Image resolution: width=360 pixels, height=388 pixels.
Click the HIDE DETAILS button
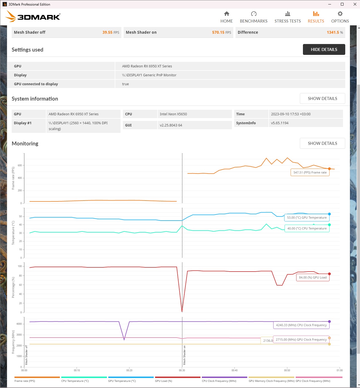pos(324,50)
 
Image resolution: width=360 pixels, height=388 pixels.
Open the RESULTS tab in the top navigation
pos(316,17)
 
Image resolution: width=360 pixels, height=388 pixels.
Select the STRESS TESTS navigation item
pos(288,17)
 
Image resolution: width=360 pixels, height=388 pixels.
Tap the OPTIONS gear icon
pos(340,14)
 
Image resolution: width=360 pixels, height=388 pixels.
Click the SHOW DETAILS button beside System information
pos(322,99)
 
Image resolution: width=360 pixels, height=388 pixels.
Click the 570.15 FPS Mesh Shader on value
pos(221,32)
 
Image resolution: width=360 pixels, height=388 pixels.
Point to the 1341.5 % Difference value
pos(335,32)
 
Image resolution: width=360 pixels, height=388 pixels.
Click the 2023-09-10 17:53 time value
pos(291,114)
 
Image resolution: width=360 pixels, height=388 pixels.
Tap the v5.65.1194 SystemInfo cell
pos(280,123)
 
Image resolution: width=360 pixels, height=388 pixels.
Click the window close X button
pos(355,4)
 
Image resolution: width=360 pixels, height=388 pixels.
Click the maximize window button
pos(342,4)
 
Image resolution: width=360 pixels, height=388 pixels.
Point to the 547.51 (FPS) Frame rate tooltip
pos(310,172)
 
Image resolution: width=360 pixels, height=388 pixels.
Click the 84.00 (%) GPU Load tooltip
pos(313,277)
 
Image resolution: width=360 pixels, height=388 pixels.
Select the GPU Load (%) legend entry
pos(163,381)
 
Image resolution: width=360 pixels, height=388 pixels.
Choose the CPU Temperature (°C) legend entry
pos(75,381)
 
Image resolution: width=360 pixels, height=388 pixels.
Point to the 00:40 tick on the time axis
pos(234,370)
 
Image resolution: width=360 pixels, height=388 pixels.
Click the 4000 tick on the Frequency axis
pos(19,324)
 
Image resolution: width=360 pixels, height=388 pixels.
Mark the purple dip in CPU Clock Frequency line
pos(124,339)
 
